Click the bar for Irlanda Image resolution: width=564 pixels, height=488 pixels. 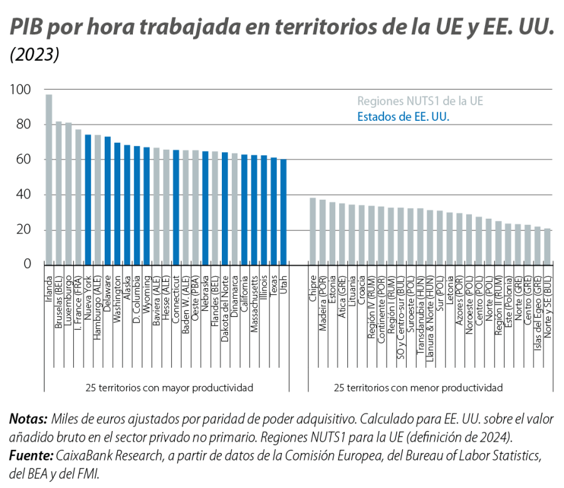48,179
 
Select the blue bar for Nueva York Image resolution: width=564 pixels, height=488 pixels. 88,199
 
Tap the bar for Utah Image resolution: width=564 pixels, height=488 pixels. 283,211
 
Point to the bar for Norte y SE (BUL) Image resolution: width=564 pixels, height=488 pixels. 548,246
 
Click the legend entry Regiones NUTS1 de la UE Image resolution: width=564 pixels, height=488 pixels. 420,100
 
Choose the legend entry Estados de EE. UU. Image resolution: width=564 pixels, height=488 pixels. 404,116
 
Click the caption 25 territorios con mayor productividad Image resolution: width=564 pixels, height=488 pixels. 169,388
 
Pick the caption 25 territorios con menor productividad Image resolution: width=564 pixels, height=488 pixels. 419,388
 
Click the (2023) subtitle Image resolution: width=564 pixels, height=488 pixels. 35,55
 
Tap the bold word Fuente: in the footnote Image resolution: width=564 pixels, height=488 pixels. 31,455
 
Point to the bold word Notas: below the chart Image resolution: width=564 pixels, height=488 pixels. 28,418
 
